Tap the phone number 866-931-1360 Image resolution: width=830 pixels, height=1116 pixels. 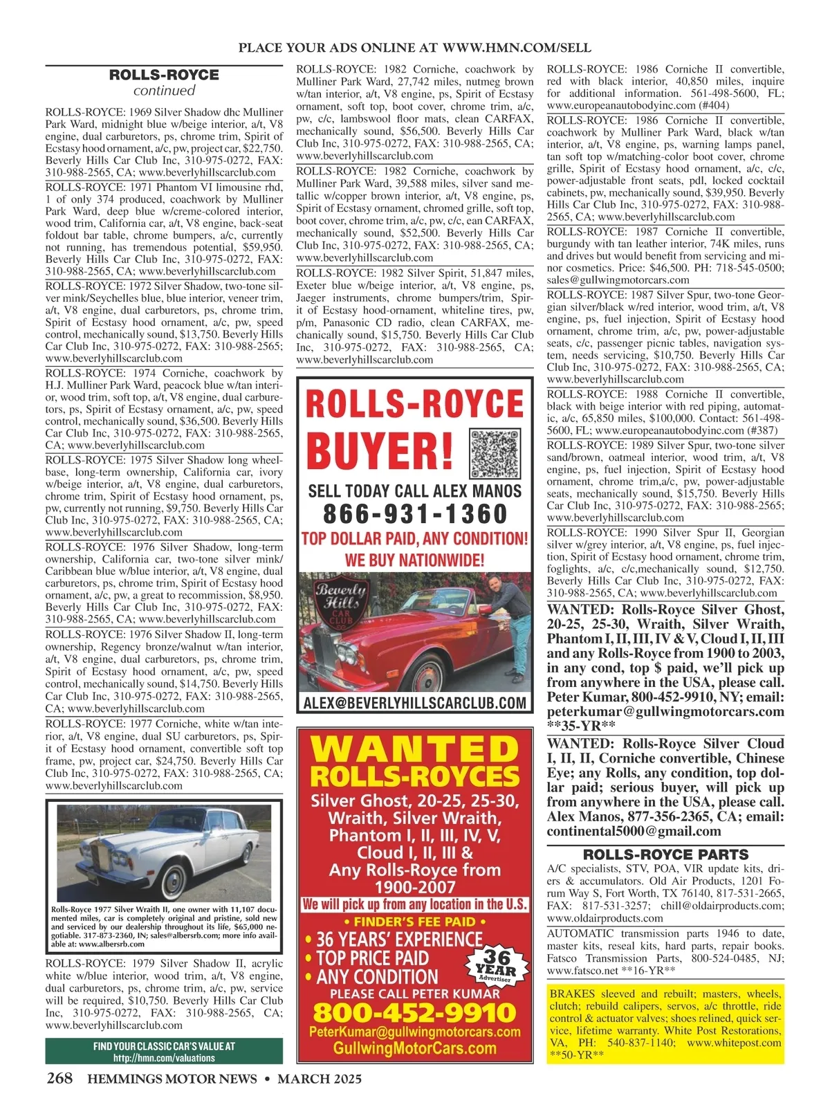click(x=415, y=514)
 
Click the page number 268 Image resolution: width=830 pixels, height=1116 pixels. click(x=60, y=1078)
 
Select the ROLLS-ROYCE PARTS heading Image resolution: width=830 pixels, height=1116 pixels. click(x=665, y=854)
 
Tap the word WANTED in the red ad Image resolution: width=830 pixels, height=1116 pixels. click(x=415, y=750)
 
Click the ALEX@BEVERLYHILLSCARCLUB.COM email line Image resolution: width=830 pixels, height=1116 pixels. click(x=415, y=703)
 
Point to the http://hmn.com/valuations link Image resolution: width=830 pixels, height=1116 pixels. click(x=164, y=1058)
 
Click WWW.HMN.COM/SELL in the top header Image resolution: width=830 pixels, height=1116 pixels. click(x=516, y=48)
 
